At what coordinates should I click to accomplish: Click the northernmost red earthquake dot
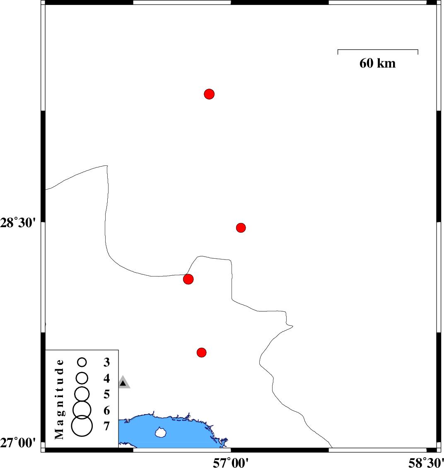[209, 94]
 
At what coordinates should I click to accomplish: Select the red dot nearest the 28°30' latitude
[241, 228]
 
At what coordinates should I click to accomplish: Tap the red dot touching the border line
[188, 279]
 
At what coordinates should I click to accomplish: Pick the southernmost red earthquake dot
[202, 352]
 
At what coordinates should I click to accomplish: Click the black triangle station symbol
[123, 383]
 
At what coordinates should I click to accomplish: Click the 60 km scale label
[377, 63]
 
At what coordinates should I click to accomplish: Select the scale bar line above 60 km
[378, 50]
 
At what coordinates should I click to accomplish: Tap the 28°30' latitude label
[18, 223]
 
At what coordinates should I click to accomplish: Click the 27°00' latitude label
[18, 443]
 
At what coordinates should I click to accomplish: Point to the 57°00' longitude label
[231, 463]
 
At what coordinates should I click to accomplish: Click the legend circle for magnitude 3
[82, 362]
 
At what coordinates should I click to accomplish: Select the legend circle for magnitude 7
[82, 426]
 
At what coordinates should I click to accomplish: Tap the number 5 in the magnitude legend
[106, 394]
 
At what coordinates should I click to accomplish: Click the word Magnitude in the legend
[60, 399]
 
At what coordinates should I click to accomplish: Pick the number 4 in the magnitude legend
[106, 378]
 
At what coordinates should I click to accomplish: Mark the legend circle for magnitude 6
[82, 410]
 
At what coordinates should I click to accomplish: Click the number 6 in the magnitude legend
[106, 410]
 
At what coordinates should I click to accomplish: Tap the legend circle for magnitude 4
[82, 378]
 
